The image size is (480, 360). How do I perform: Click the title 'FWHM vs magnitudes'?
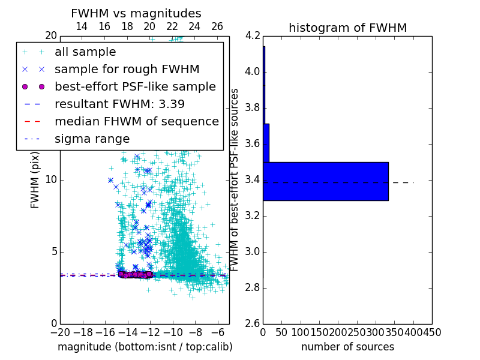point(136,14)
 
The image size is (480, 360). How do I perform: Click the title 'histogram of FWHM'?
point(347,28)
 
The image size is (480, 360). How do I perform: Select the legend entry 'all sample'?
point(85,52)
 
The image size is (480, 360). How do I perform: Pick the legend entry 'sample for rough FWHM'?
point(127,70)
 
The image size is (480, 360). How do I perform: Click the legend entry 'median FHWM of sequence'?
point(136,121)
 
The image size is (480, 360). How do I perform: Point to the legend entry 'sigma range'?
point(92,139)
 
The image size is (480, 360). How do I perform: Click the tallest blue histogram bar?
point(326,181)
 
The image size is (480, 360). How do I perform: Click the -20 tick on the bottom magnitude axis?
point(60,332)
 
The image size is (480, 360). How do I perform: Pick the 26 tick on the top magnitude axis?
point(217,27)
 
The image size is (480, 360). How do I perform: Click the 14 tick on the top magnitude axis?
point(82,27)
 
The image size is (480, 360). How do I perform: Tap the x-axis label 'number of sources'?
point(347,347)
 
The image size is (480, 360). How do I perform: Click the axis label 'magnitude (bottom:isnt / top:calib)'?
point(145,347)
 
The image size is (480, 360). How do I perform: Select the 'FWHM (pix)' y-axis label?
point(35,179)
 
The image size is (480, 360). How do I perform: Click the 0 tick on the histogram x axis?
point(263,332)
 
